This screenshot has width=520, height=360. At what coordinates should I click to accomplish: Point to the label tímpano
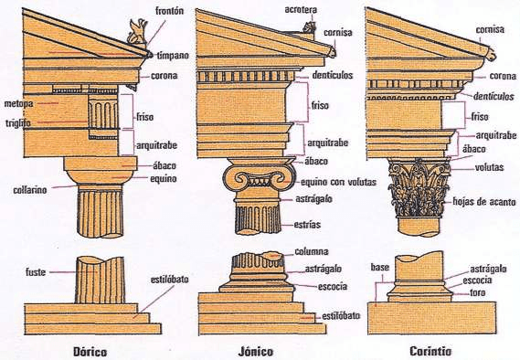[x=173, y=55]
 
